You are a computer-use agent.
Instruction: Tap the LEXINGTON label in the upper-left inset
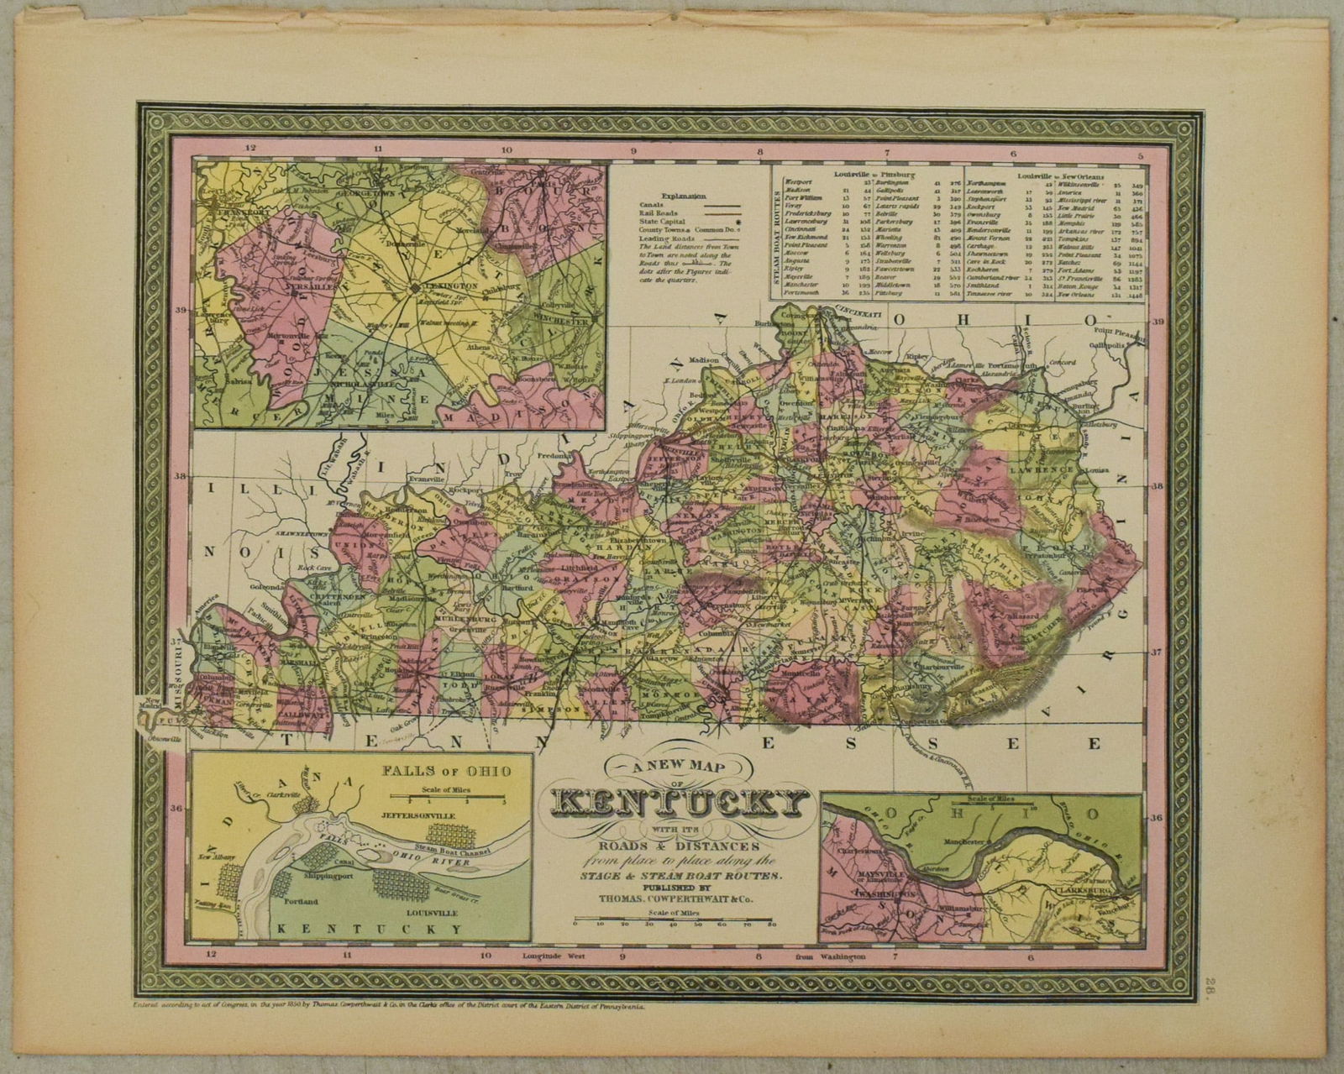(x=453, y=286)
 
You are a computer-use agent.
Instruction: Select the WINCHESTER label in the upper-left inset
(x=556, y=322)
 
